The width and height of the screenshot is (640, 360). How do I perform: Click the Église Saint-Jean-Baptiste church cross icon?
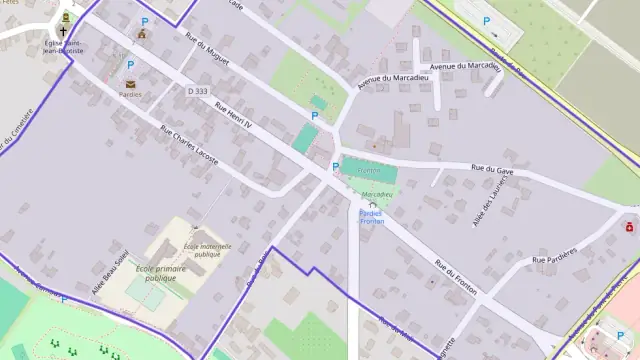click(63, 31)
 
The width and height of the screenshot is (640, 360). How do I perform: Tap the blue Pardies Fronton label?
click(370, 217)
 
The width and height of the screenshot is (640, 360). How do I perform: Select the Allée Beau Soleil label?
click(110, 271)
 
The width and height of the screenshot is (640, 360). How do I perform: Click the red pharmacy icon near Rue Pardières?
click(629, 227)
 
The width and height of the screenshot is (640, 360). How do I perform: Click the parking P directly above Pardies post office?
click(130, 65)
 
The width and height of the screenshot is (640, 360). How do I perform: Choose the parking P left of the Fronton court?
click(336, 167)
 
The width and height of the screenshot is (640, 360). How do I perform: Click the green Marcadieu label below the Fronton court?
click(377, 194)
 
